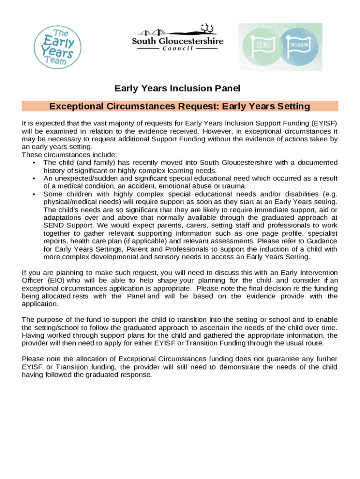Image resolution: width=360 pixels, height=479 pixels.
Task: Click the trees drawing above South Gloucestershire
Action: point(207,29)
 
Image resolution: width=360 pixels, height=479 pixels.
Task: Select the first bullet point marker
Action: point(35,163)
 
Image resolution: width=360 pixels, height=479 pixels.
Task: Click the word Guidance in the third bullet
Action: point(322,241)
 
